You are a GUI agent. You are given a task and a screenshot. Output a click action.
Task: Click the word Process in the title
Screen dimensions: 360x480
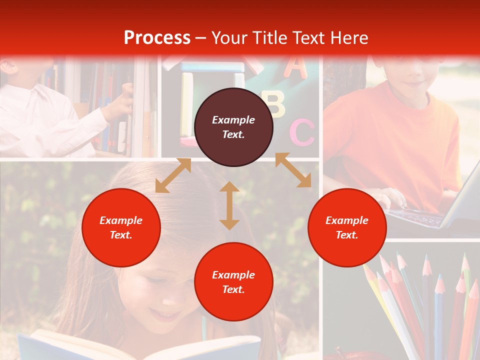coord(157,38)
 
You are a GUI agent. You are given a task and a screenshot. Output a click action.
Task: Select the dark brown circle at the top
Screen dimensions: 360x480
coord(233,127)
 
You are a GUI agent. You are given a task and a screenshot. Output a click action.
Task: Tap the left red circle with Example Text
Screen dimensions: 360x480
coord(121,227)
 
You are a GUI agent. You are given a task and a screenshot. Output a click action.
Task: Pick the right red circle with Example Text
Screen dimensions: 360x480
coord(347,227)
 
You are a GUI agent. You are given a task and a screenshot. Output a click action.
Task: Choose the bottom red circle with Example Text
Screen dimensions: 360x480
coord(233,281)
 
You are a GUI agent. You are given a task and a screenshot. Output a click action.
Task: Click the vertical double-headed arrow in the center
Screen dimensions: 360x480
coord(229,205)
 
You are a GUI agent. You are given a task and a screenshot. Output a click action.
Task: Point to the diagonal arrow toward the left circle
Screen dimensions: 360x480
coord(173,175)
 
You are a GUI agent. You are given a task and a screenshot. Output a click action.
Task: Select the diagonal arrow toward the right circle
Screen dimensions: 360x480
coord(293,170)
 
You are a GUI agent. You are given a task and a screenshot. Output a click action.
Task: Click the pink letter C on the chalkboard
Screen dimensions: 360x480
coord(302,132)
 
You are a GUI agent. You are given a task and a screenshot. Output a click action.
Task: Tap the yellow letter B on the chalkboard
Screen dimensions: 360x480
coord(275,104)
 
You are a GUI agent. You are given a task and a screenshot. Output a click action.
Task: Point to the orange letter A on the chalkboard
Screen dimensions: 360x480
coord(296,67)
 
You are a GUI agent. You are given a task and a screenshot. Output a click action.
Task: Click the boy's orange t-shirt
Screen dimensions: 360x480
coord(395,140)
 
